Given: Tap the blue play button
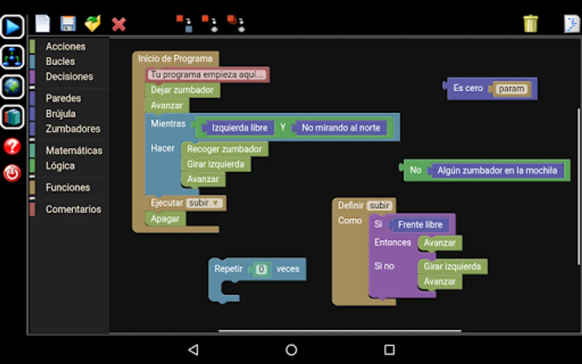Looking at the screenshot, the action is [12, 27].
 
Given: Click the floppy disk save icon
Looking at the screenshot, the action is [68, 23].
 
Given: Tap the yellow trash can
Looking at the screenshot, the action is [531, 23].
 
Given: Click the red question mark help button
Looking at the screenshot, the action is [12, 146].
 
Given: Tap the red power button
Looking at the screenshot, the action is [12, 173].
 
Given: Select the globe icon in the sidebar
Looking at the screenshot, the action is [12, 87].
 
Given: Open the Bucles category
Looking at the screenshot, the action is [60, 61].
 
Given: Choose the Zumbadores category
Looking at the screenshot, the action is [73, 129].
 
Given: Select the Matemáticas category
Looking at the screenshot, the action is [74, 150].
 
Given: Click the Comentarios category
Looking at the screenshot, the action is [74, 210].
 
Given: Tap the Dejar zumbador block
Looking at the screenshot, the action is [182, 90].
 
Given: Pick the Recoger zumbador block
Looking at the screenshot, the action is [224, 149].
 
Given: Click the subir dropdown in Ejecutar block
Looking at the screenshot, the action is [204, 203].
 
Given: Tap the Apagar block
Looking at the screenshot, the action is [165, 219].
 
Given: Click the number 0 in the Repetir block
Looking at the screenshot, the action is [261, 269].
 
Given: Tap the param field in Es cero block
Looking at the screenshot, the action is [511, 89].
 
